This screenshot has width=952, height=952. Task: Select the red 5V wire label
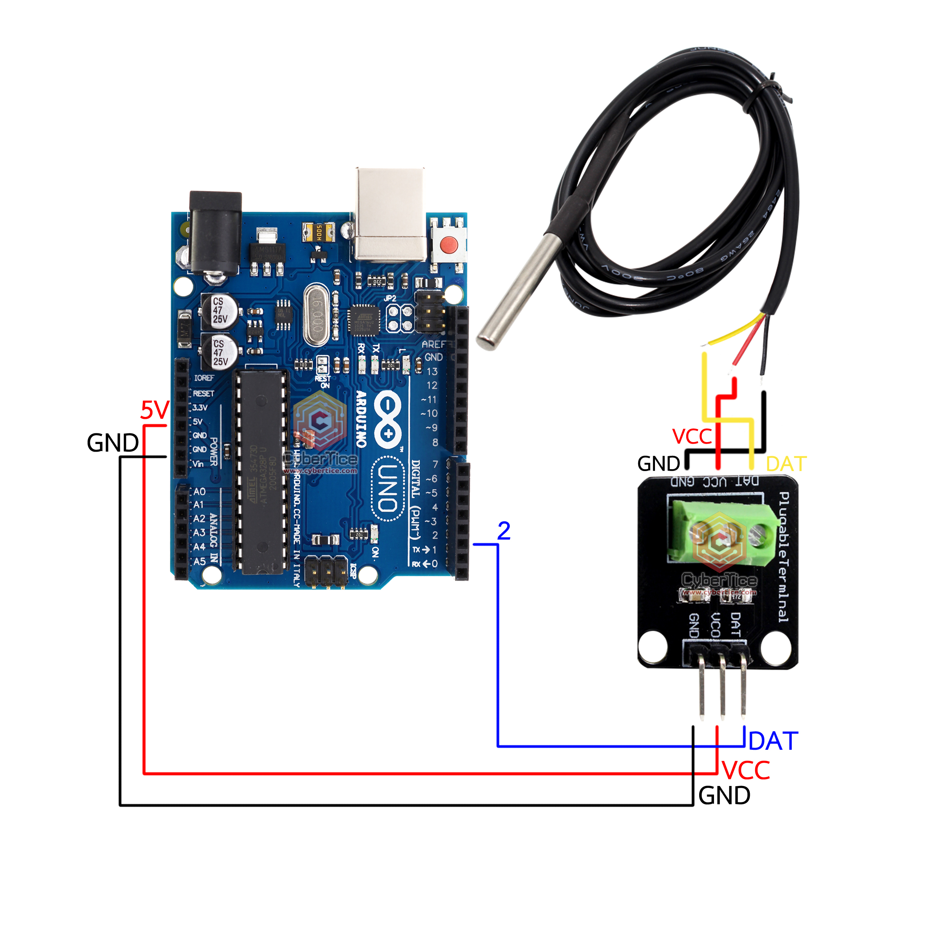coord(155,410)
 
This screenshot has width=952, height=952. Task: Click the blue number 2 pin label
coord(503,531)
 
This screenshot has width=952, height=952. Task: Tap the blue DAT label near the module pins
coord(773,741)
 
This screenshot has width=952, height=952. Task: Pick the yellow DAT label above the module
coord(786,464)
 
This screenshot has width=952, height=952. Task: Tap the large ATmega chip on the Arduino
coord(261,472)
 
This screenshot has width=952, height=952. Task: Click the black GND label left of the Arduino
coord(113,443)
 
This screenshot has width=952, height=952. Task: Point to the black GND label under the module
coord(724,796)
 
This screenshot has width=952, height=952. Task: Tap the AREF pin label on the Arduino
coord(433,344)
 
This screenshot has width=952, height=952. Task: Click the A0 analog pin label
coord(199,492)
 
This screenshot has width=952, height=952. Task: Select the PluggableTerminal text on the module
coord(783,557)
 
